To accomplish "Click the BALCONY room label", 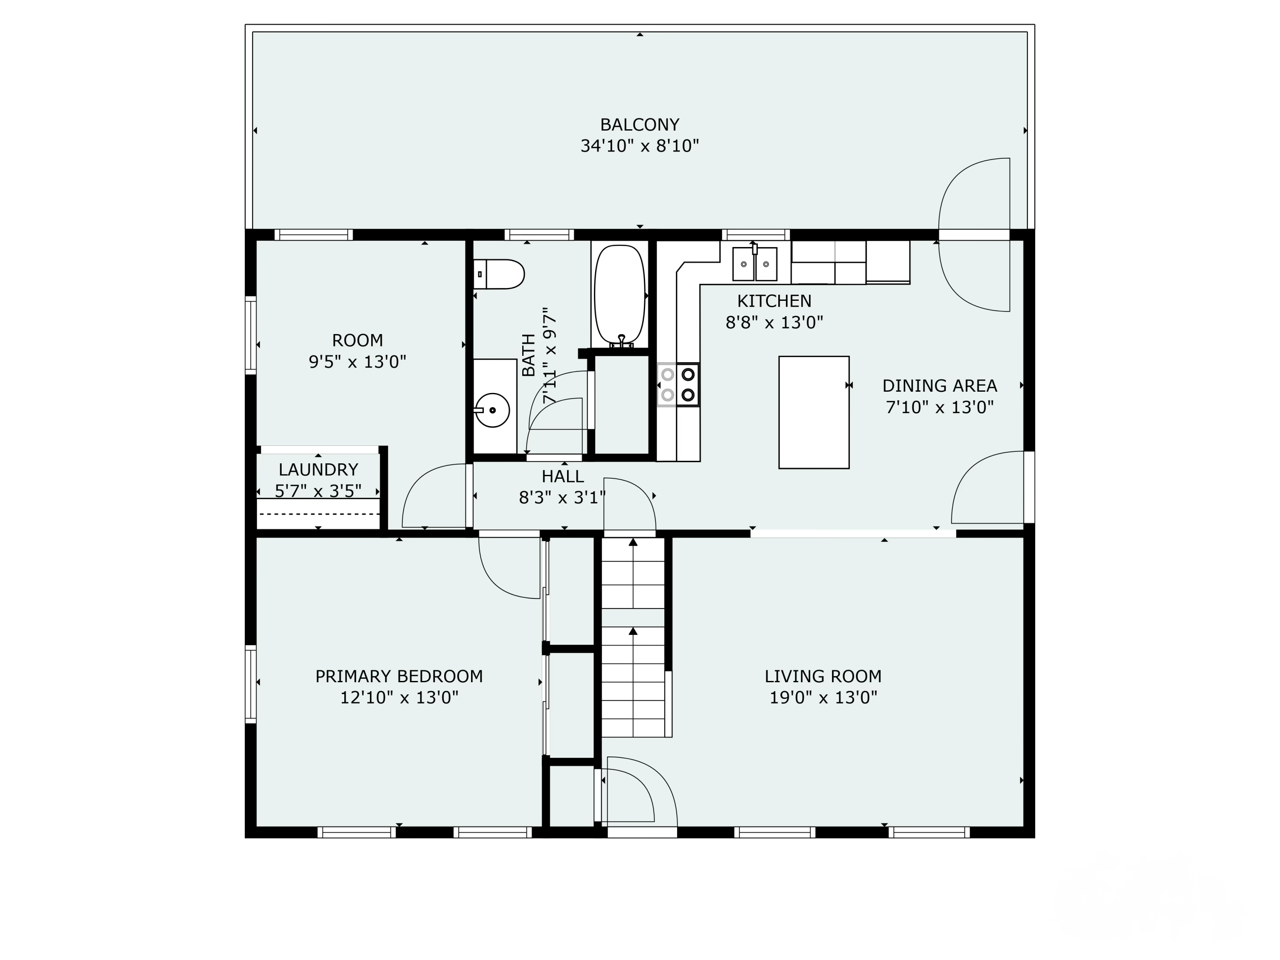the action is coord(640,125).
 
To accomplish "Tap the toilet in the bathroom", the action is coord(498,274).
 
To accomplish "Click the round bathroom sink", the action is coord(492,410).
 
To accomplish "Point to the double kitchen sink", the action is coord(755,264).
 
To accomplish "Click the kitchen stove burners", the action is coord(678,385).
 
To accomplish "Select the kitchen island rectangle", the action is coord(814,412).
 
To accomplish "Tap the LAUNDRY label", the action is coord(318,469).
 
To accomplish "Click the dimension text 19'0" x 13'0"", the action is coord(823,697).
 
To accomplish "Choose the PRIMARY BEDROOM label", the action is coord(399,676).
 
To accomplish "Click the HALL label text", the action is coord(562,476).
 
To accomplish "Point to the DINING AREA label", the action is coord(939,385).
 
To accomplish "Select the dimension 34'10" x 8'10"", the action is coord(640,146).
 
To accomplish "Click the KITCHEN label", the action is coord(774,301).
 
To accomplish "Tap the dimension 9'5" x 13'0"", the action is coord(357,362).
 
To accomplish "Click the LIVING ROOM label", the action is coord(823,676).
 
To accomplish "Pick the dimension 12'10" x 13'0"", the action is coord(399,697).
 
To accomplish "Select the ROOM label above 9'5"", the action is coord(357,340).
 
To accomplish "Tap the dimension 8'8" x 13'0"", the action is coord(774,322).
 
